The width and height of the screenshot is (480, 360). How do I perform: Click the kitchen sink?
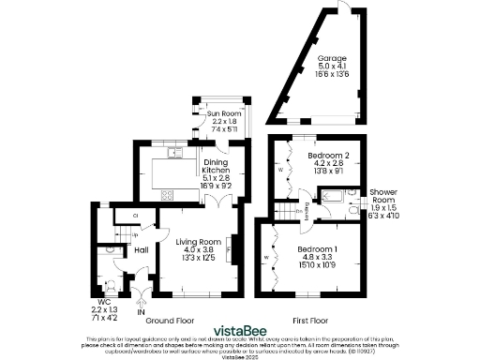172,152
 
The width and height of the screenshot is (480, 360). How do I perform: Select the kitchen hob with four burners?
168,195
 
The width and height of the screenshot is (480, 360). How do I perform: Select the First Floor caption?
314,318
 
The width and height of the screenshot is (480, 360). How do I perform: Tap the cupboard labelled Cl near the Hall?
136,215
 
